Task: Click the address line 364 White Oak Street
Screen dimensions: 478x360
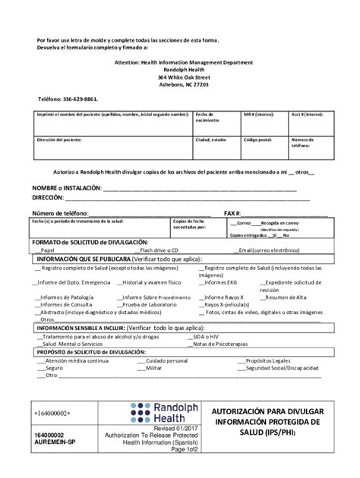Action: coord(179,77)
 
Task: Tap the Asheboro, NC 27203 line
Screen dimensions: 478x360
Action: coord(179,85)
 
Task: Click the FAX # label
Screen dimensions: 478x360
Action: coord(232,213)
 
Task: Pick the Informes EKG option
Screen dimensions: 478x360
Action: coord(223,282)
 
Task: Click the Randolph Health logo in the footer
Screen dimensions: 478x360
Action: coord(161,413)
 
